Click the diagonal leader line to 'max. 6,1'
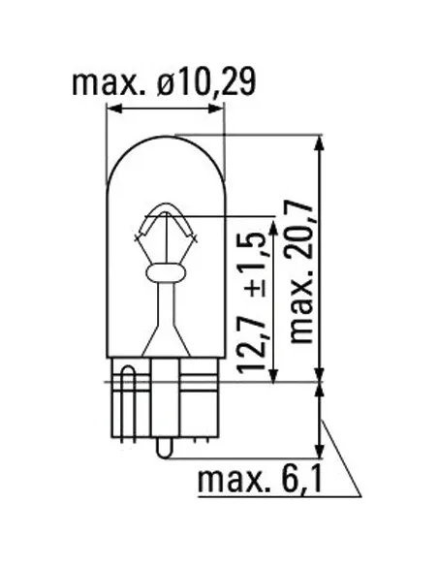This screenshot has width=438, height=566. [340, 456]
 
